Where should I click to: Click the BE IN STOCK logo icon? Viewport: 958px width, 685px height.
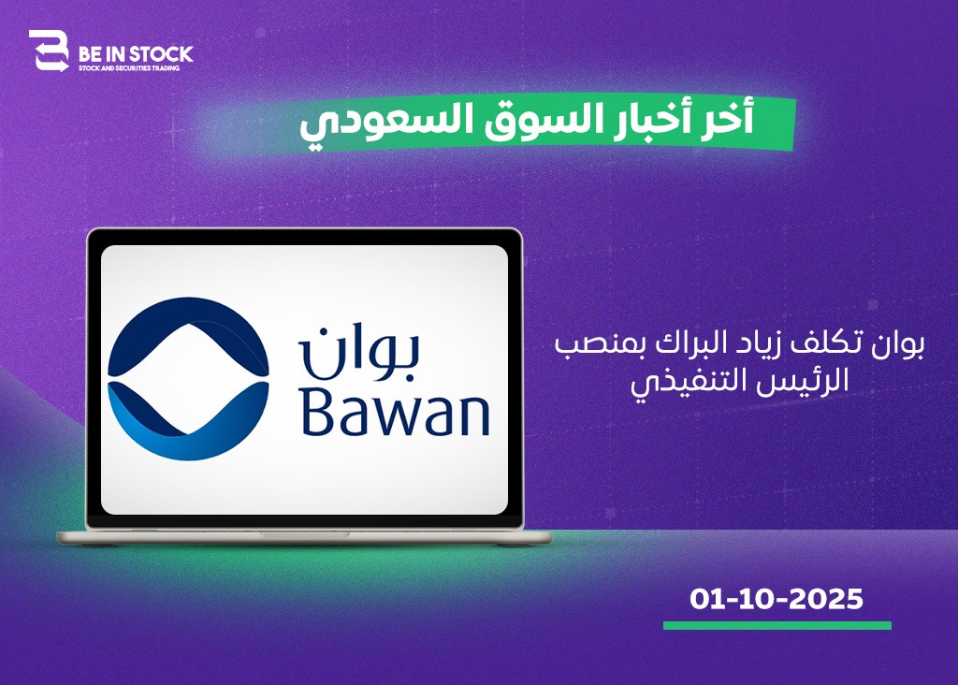tap(49, 51)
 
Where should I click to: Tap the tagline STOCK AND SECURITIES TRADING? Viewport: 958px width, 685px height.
tap(129, 68)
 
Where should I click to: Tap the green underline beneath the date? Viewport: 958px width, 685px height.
tap(777, 626)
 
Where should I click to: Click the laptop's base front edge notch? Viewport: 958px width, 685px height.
tap(304, 534)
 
